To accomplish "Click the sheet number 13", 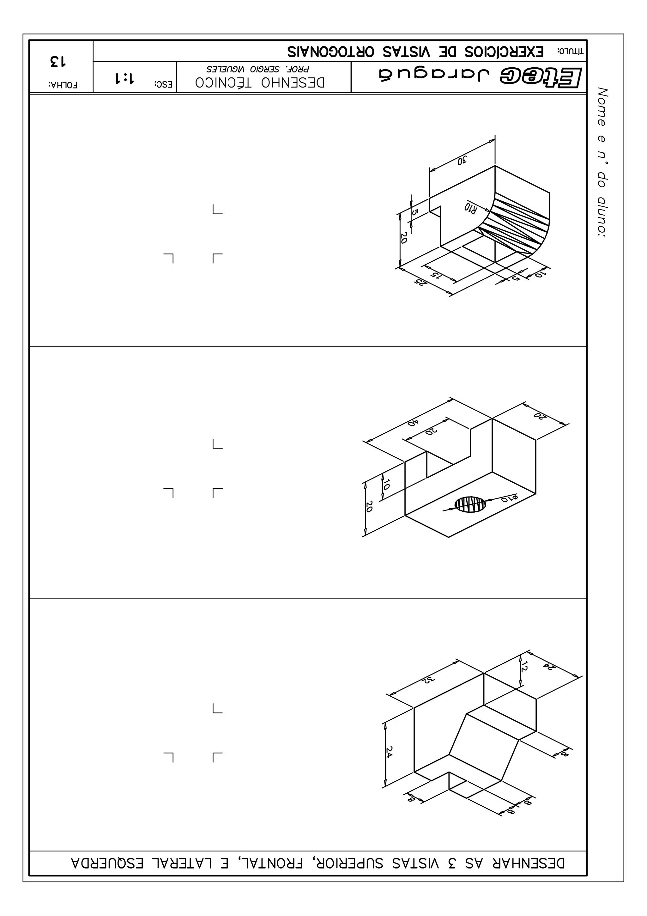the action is [58, 61].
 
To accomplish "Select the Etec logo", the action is [541, 77].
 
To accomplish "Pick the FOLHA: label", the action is [63, 85].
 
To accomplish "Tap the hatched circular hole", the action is [471, 504].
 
